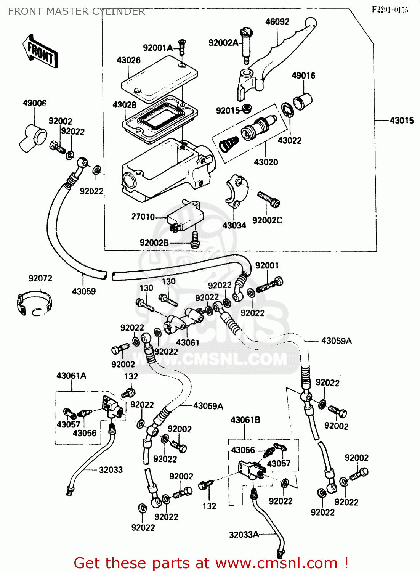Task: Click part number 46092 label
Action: point(277,22)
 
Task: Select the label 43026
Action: point(128,60)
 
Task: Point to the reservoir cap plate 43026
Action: point(159,78)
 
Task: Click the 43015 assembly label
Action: point(401,121)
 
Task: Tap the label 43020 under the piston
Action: point(266,162)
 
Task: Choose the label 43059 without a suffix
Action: point(84,291)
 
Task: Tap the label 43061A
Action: point(71,376)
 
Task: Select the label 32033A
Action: point(244,535)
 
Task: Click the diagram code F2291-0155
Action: point(390,10)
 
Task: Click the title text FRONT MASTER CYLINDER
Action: point(76,11)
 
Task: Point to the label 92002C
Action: point(267,220)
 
